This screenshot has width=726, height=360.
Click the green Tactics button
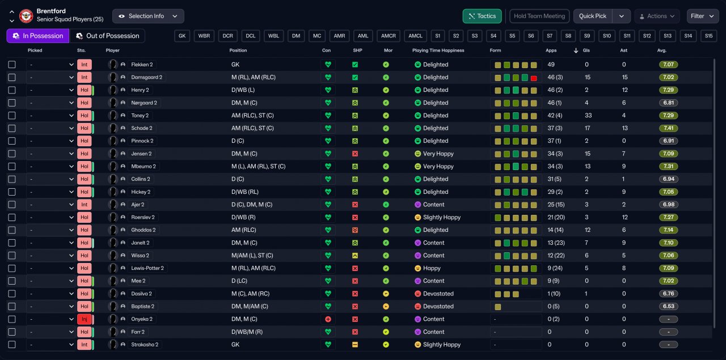482,16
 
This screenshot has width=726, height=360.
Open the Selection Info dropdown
148,16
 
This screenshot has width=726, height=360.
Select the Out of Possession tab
107,36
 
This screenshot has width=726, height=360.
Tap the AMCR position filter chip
389,36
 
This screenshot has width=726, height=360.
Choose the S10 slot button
607,36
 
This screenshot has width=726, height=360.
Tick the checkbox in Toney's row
12,116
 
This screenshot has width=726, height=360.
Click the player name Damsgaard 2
146,78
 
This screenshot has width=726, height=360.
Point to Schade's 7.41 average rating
668,128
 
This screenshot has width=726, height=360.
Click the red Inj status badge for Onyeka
85,319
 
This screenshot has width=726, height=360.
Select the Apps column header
551,50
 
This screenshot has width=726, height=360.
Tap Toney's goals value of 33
588,116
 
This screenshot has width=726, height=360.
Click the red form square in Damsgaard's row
534,78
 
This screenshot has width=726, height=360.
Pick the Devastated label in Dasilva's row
438,294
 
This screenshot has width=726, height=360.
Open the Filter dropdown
702,16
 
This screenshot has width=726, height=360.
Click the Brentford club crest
26,16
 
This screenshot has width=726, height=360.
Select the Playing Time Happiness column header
438,50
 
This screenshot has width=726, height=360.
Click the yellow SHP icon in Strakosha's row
355,345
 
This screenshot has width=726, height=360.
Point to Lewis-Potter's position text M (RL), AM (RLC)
254,268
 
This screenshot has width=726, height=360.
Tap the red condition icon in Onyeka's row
328,319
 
